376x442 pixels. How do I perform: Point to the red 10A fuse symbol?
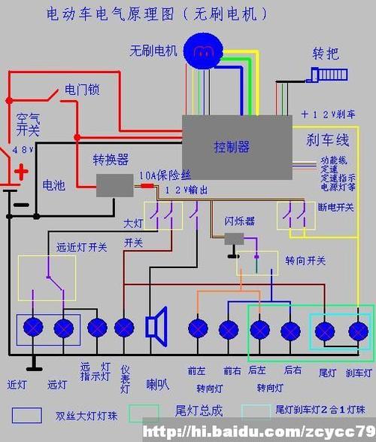[147, 185]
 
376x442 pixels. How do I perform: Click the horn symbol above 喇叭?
[156, 327]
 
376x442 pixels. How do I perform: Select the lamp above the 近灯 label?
[33, 328]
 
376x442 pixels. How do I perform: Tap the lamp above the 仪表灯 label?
[124, 328]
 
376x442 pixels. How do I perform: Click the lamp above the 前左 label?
[198, 329]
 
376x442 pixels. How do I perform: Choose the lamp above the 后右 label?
[290, 330]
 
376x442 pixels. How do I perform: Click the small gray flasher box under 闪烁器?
[235, 239]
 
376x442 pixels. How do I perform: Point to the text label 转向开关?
[305, 261]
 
